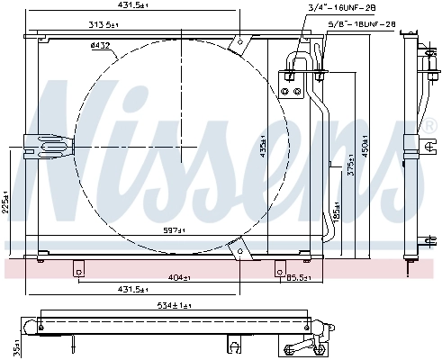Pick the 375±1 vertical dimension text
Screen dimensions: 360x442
(350, 171)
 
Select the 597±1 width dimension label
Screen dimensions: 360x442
(174, 231)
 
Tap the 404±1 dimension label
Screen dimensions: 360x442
(178, 276)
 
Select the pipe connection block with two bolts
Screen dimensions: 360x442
(292, 87)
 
